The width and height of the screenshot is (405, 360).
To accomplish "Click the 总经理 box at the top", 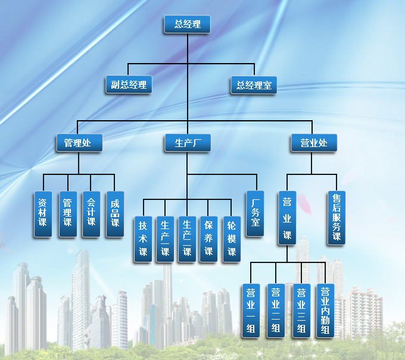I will pos(187,24).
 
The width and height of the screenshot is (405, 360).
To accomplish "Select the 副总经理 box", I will pos(129,84).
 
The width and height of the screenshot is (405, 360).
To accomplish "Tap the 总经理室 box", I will pos(253,84).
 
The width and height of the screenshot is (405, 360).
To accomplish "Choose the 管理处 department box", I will pos(79,143).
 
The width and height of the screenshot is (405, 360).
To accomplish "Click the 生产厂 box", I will pos(188,143).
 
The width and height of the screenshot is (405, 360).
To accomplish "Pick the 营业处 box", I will pos(314,143).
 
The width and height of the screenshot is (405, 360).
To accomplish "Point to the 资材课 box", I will pos(42,214).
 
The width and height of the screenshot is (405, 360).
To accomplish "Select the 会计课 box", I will pos(91,214).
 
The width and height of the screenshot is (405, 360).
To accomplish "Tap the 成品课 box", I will pos(115,214).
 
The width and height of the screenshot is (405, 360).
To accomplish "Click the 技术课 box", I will pos(143,239).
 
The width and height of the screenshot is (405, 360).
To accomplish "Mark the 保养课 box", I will pos(208,239).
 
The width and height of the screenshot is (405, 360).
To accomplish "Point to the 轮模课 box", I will pos(231,239).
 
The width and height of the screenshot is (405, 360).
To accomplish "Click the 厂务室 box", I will pos(255,214).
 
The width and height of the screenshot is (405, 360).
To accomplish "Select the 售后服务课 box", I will pos(336,218).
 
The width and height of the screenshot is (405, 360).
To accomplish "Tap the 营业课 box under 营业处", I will pos(286,218).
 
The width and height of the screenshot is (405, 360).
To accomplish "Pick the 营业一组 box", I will pos(251,311).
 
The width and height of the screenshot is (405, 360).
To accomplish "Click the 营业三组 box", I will pos(301,311).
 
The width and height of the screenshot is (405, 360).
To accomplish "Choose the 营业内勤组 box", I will pos(325,311).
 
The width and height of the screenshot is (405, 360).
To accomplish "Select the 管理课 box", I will pos(67,214).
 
